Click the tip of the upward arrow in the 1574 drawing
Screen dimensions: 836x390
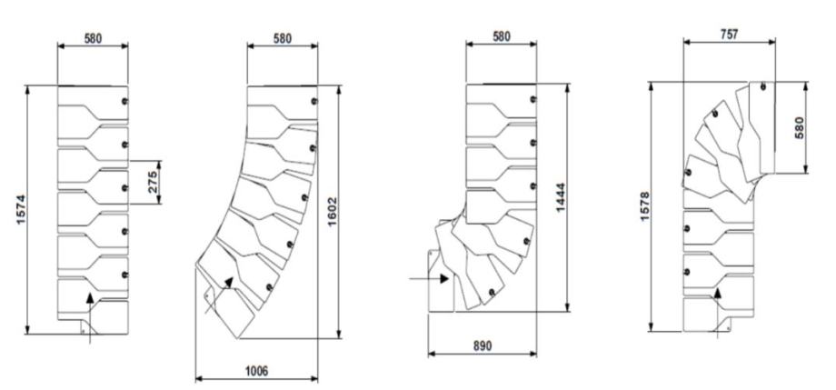click(x=90, y=293)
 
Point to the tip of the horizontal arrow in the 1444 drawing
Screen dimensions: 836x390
click(x=448, y=278)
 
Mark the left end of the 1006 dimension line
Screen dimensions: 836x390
click(x=195, y=379)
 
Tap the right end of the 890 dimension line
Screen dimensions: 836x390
click(x=536, y=354)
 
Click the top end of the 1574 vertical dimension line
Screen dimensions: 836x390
click(x=27, y=85)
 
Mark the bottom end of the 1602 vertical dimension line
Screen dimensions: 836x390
click(x=337, y=338)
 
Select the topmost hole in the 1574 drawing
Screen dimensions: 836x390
click(x=124, y=102)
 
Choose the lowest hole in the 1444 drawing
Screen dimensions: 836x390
click(x=491, y=291)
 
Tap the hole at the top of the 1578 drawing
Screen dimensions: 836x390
click(x=763, y=86)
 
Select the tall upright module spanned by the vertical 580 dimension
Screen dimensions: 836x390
click(x=761, y=127)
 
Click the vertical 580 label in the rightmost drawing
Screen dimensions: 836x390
click(x=798, y=128)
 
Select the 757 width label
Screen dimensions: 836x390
click(x=729, y=35)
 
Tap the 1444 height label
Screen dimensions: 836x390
click(x=561, y=198)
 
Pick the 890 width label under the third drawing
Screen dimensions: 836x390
click(x=482, y=345)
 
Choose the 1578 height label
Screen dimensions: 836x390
click(x=644, y=207)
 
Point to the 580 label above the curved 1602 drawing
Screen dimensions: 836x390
click(x=282, y=38)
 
